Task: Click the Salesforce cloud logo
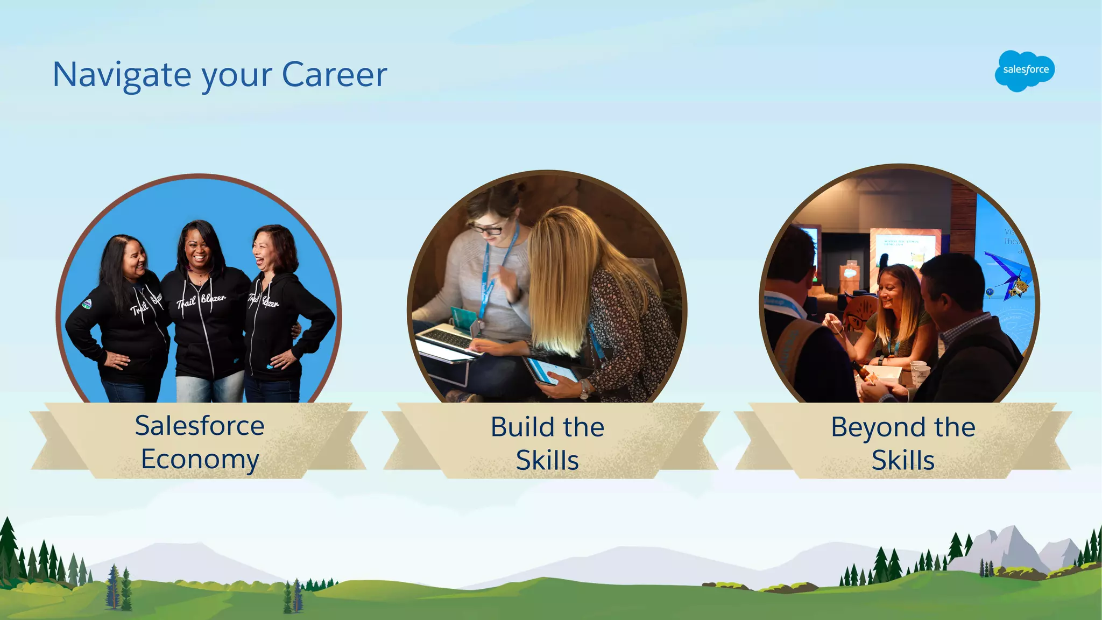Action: coord(1025,71)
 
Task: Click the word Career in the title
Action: coord(334,74)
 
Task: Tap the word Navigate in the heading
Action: coord(122,75)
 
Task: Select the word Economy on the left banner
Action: coord(200,460)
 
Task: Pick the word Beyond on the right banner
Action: coord(878,428)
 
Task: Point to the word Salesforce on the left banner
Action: coord(200,426)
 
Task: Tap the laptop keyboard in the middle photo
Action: coord(447,339)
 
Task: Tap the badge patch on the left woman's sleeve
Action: coord(87,304)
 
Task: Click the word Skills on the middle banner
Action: coord(547,460)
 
